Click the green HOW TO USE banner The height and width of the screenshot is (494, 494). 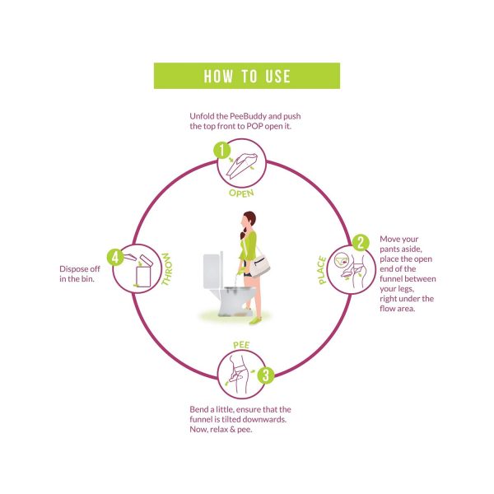click(247, 76)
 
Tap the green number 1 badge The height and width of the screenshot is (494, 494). click(222, 150)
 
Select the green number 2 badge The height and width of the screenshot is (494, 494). click(361, 243)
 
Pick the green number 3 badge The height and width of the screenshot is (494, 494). click(266, 375)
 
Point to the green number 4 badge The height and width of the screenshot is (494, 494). click(115, 258)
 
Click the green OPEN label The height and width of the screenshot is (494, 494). click(241, 193)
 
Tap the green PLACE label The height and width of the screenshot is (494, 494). click(322, 270)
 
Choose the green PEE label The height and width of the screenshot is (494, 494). click(241, 345)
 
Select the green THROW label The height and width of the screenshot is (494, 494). click(165, 269)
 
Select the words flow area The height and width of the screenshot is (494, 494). click(398, 309)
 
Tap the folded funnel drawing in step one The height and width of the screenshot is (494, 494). click(242, 165)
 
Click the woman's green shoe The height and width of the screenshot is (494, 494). click(255, 320)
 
